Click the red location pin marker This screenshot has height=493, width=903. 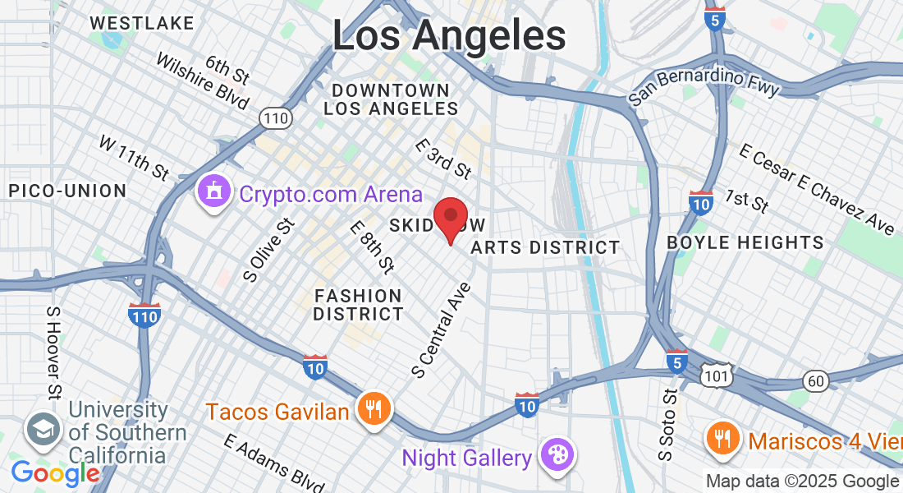pyautogui.click(x=450, y=217)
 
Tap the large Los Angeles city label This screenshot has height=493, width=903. pyautogui.click(x=449, y=35)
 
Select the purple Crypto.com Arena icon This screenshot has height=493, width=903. pyautogui.click(x=214, y=193)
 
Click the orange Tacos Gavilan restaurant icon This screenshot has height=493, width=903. pyautogui.click(x=374, y=408)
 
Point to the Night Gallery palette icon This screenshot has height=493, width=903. pyautogui.click(x=557, y=455)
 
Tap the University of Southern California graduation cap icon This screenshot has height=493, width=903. pyautogui.click(x=40, y=427)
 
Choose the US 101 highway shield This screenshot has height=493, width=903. pyautogui.click(x=713, y=376)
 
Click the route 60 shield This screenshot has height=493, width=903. pyautogui.click(x=815, y=380)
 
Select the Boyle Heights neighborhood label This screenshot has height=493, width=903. pyautogui.click(x=745, y=242)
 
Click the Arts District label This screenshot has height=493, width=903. pyautogui.click(x=546, y=247)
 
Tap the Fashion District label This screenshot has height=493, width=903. pyautogui.click(x=359, y=305)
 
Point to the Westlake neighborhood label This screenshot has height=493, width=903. pyautogui.click(x=142, y=22)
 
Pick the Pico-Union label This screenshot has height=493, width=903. pyautogui.click(x=67, y=191)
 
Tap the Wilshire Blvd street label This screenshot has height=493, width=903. pyautogui.click(x=201, y=81)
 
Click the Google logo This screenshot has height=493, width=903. pyautogui.click(x=55, y=473)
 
